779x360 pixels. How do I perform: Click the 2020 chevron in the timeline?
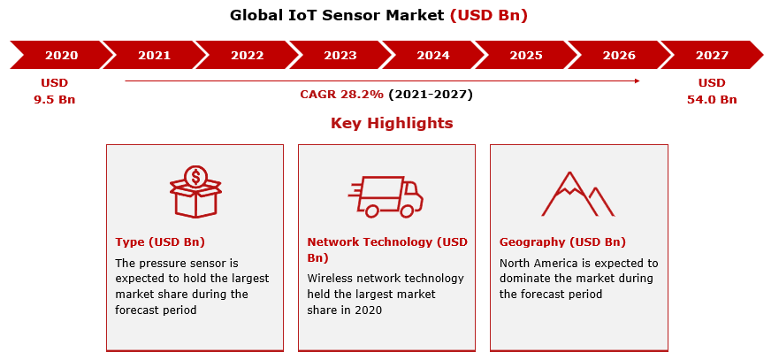coord(59,55)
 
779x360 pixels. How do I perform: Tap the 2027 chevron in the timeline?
coord(712,55)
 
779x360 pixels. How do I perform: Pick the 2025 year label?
coord(526,55)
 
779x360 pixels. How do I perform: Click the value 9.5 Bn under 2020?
coord(55,99)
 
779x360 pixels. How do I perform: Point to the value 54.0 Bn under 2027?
coord(712,99)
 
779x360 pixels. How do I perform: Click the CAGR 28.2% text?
coord(342,95)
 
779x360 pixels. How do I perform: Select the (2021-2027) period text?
coord(431,95)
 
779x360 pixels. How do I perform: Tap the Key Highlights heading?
coord(392,123)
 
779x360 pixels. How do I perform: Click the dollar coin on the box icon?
coord(195,176)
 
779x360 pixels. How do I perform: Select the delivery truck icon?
coord(386,196)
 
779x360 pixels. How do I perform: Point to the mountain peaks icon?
coord(577,194)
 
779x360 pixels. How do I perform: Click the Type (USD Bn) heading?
coord(160,242)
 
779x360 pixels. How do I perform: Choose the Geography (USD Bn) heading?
coord(562,242)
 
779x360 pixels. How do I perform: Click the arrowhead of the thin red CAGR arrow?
coord(637,80)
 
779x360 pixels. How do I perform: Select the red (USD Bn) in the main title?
coord(488,15)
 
